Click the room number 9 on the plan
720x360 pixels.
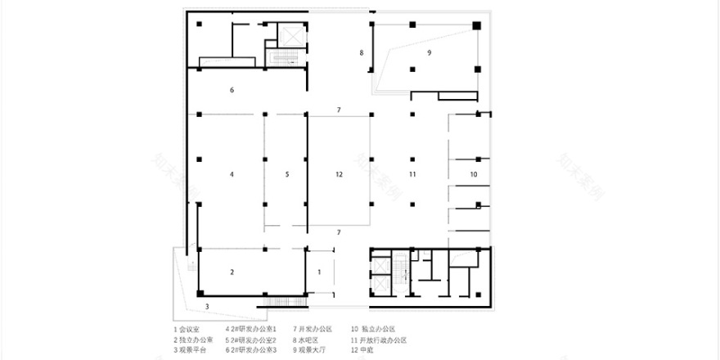point(429,52)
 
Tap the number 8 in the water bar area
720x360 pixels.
point(360,53)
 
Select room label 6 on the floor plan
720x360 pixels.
point(232,89)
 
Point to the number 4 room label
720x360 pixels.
point(232,174)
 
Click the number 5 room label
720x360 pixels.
point(287,174)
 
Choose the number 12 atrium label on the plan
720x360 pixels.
point(338,174)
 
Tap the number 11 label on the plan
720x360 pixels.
point(413,174)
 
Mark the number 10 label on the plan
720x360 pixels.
point(473,174)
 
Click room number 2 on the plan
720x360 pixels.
point(232,272)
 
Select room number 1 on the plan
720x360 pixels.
point(320,271)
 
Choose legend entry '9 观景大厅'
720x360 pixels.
point(314,350)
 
